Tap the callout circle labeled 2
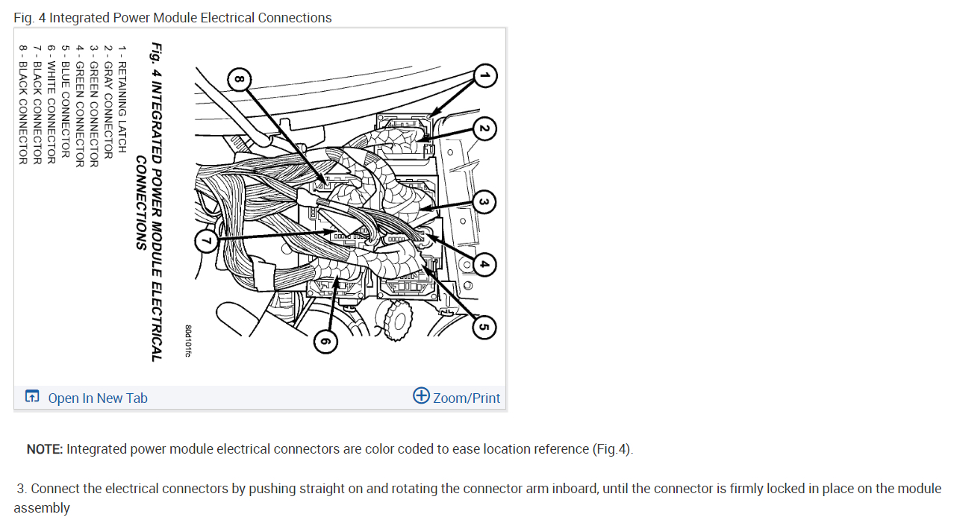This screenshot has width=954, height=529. point(484,129)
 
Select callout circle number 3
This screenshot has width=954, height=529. point(484,201)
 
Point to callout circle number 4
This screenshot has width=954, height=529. point(484,263)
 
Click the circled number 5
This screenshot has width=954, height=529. point(484,326)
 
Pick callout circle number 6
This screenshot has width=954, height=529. point(325,342)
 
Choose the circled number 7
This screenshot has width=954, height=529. point(208,240)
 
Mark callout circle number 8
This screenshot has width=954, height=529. point(239,78)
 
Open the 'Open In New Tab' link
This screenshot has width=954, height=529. point(98,398)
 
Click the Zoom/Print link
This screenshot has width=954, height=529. point(467,398)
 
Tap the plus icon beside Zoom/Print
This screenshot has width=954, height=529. point(421,396)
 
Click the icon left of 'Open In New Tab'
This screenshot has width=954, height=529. point(32,397)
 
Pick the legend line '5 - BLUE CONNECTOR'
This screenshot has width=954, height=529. point(66,101)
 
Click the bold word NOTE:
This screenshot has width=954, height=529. point(45,449)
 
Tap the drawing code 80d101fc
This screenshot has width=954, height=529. point(188,340)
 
